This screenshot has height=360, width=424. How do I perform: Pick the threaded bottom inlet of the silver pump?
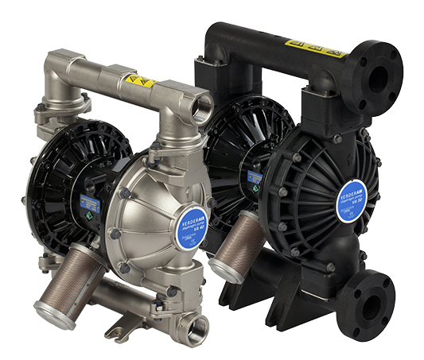pos(193,326)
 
